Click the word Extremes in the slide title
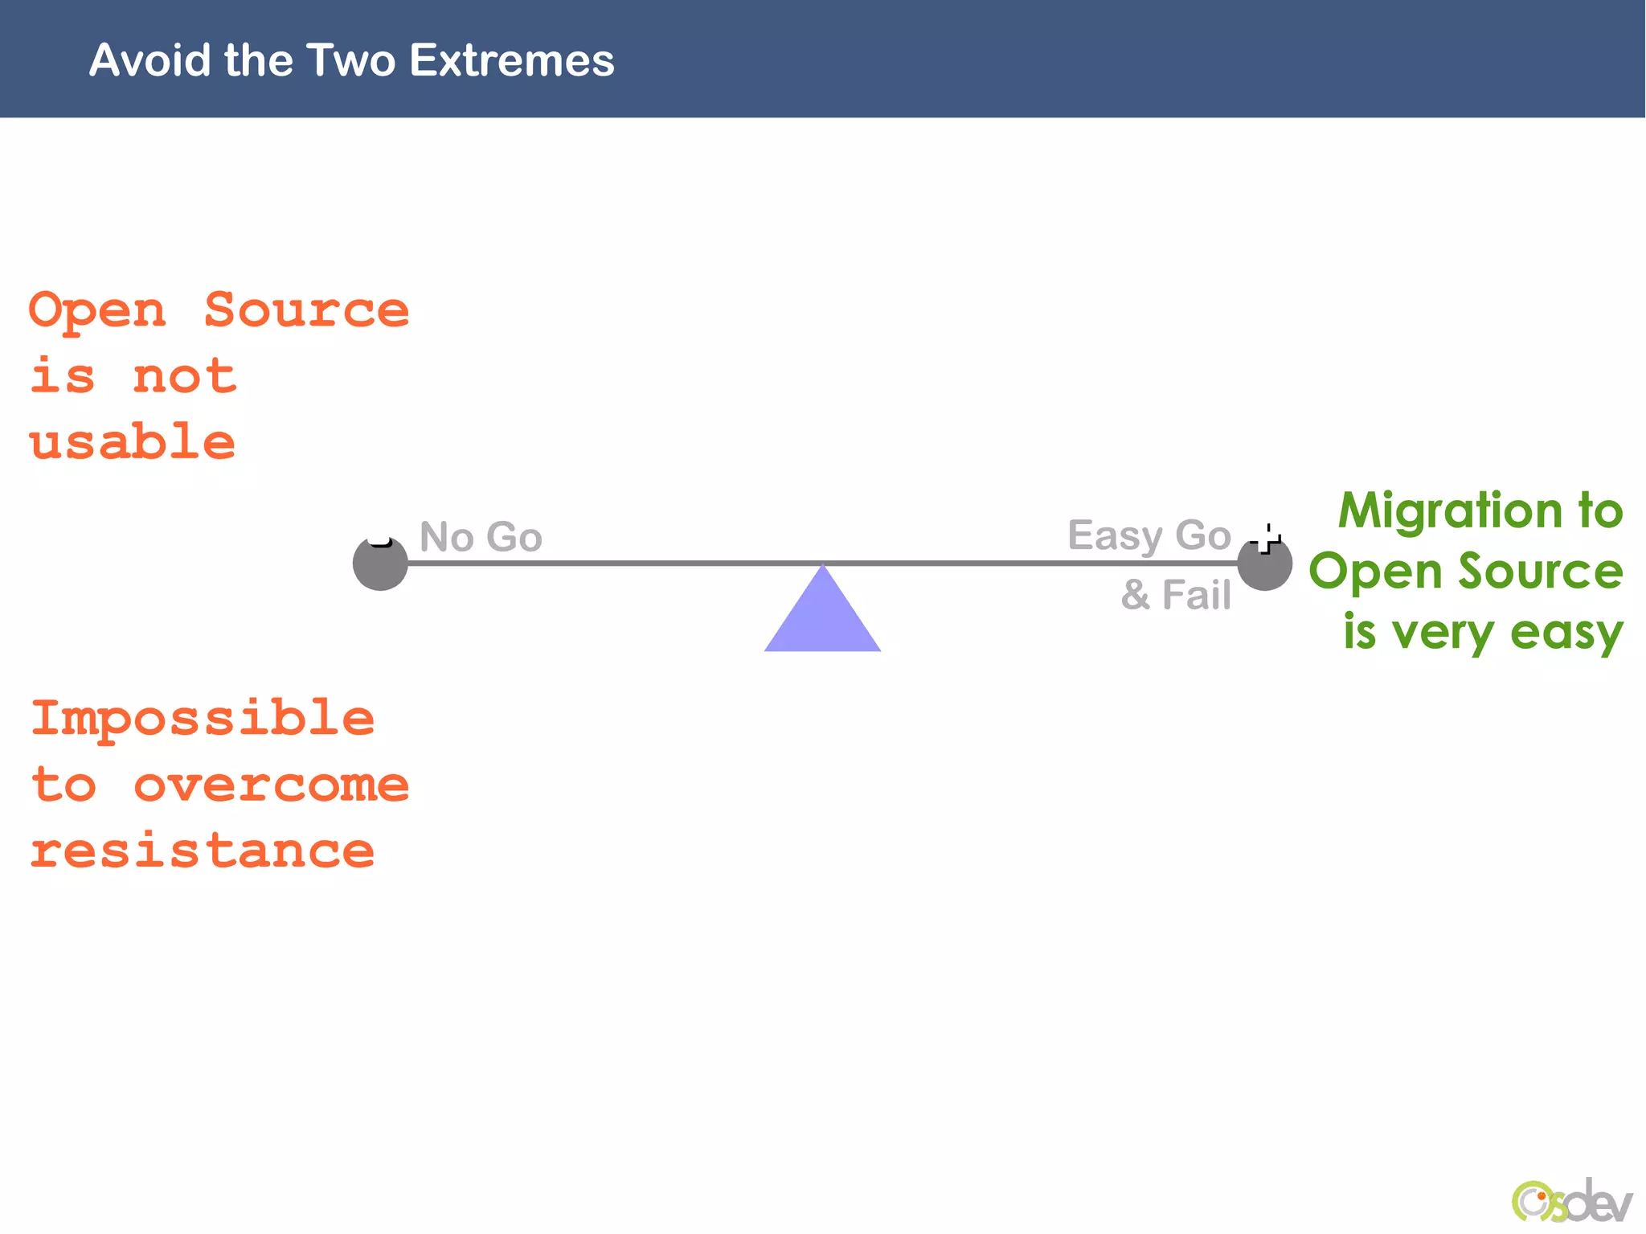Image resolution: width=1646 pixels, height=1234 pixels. [511, 60]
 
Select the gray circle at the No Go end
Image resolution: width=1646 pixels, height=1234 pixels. [380, 564]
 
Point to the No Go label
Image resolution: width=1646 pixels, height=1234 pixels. [481, 537]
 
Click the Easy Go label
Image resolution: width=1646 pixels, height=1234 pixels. [1149, 535]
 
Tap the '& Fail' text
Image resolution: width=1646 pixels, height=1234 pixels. [1176, 596]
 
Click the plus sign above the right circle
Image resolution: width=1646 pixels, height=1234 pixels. [1267, 539]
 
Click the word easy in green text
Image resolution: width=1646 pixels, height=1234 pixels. [1566, 633]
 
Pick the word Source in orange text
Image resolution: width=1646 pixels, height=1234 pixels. [306, 310]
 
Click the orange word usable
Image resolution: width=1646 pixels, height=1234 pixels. [133, 442]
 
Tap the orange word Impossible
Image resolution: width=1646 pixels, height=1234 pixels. [203, 718]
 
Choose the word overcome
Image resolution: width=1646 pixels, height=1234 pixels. [271, 785]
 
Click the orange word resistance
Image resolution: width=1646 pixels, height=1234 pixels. [203, 851]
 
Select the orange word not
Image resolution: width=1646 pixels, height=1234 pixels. [185, 376]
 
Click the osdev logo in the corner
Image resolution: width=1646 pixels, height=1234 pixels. [1570, 1202]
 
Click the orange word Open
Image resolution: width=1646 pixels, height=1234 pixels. [97, 310]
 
